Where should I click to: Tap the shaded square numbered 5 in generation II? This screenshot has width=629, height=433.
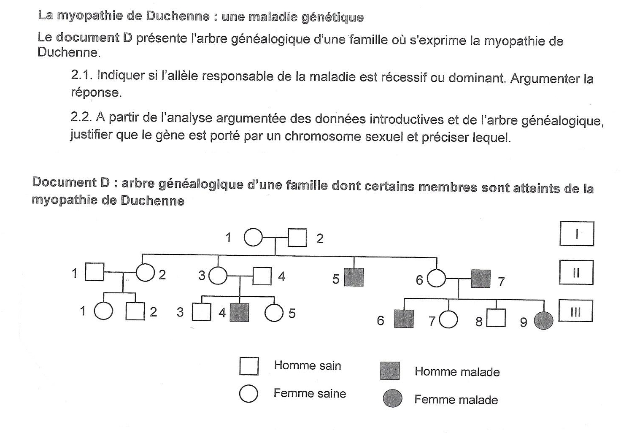[354, 277]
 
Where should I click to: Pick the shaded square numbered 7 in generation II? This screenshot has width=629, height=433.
[481, 279]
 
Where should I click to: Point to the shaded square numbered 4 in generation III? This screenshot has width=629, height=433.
[239, 312]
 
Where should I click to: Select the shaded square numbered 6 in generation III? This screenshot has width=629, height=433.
[404, 319]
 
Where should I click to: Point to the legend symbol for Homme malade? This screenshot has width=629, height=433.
[390, 371]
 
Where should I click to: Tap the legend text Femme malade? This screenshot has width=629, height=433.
[456, 400]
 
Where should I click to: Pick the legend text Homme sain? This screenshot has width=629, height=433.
[308, 365]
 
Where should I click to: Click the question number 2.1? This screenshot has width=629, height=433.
[82, 75]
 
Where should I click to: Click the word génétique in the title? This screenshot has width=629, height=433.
[332, 17]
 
